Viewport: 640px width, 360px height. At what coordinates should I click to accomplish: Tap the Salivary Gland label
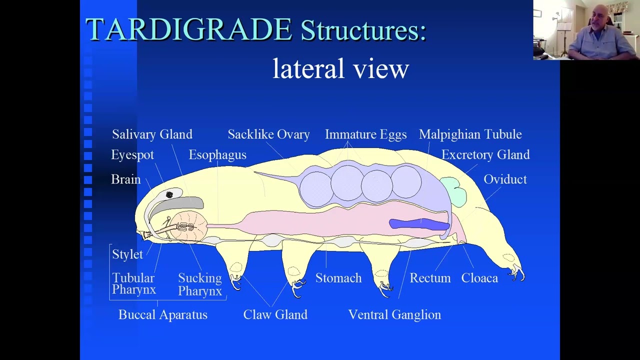click(x=152, y=134)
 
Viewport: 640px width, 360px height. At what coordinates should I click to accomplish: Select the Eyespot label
click(x=132, y=155)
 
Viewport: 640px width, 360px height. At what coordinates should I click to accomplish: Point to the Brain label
click(x=125, y=179)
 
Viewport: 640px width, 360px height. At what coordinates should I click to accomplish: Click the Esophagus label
click(x=217, y=155)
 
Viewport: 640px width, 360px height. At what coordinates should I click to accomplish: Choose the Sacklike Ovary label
click(x=268, y=134)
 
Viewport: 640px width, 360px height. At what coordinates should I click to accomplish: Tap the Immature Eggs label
click(x=365, y=134)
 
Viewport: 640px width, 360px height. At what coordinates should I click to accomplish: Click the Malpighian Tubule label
click(x=470, y=134)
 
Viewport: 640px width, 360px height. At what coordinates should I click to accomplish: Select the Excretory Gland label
click(x=485, y=155)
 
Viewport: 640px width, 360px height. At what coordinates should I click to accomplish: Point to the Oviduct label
click(x=505, y=179)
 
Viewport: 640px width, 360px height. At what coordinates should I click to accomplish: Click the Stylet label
click(x=127, y=254)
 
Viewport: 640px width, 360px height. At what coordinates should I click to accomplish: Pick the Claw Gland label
click(x=275, y=315)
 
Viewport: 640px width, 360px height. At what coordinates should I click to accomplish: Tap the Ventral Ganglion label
click(x=394, y=315)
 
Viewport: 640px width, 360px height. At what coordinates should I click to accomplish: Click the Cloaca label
click(x=479, y=278)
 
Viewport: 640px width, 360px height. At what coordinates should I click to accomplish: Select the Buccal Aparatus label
click(x=162, y=315)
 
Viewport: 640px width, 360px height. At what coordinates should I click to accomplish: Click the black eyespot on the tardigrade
click(x=169, y=194)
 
